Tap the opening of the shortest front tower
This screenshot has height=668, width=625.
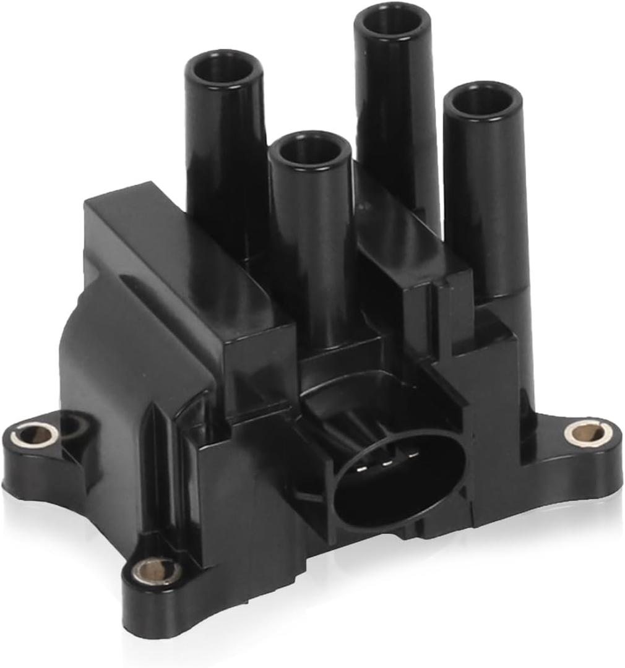311,148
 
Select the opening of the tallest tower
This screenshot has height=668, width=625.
392,20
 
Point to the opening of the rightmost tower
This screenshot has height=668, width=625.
483,99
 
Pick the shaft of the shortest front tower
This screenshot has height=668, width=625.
312,247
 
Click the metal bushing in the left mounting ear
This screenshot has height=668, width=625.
35,435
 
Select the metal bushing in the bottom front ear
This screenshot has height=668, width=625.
157,570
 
